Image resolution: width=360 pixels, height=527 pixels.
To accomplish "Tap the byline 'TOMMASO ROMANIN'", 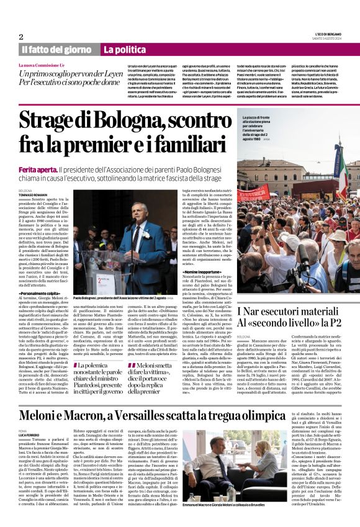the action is [34, 194].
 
